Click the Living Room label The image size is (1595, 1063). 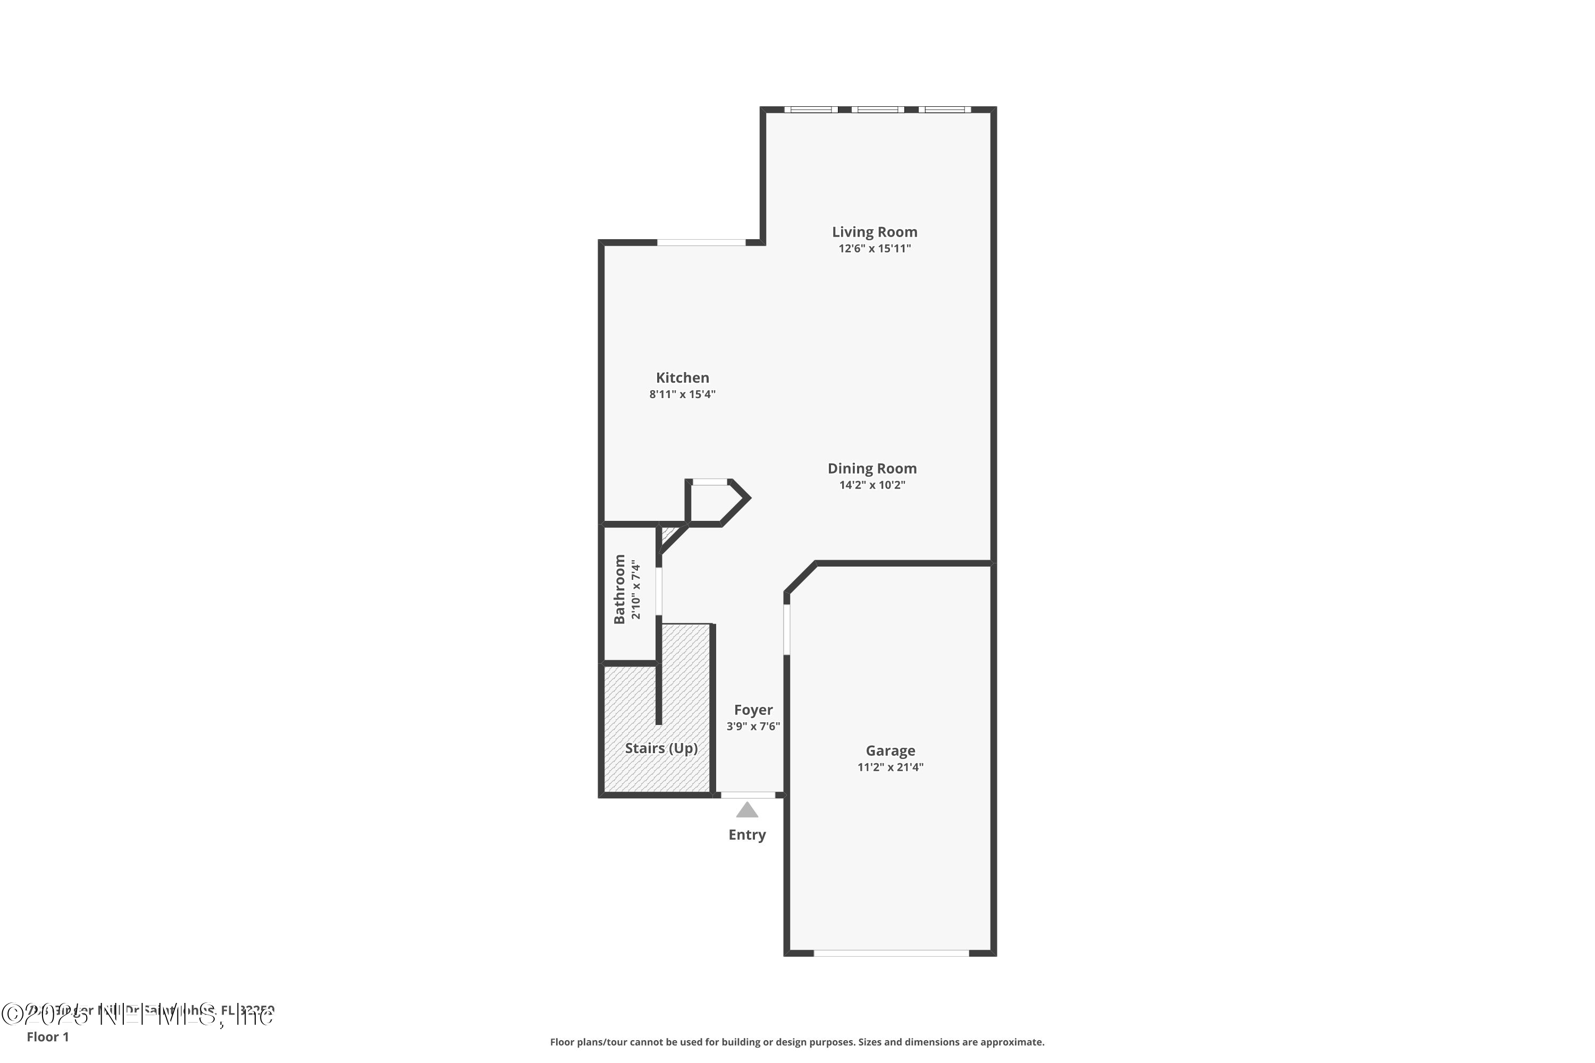(x=874, y=232)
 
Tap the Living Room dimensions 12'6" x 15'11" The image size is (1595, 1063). (x=874, y=248)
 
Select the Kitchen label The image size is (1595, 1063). (x=682, y=377)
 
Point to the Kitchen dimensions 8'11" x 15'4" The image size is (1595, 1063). (x=682, y=394)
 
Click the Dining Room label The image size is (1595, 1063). (x=872, y=468)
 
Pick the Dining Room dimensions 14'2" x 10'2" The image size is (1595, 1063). (x=872, y=485)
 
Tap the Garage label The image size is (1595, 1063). (x=891, y=750)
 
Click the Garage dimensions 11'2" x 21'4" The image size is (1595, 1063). (x=891, y=767)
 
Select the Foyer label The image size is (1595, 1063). (x=753, y=710)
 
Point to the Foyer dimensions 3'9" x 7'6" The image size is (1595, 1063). (x=753, y=726)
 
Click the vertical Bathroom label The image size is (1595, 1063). (x=619, y=589)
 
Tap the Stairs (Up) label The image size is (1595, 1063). (x=661, y=748)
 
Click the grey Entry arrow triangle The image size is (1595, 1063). (x=748, y=810)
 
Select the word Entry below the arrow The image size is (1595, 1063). (x=748, y=834)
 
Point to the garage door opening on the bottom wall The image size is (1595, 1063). (x=891, y=953)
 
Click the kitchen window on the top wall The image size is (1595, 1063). (x=701, y=242)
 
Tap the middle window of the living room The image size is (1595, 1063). (x=878, y=109)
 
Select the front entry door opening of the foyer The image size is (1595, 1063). (x=748, y=795)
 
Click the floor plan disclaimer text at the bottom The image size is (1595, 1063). (x=797, y=1042)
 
